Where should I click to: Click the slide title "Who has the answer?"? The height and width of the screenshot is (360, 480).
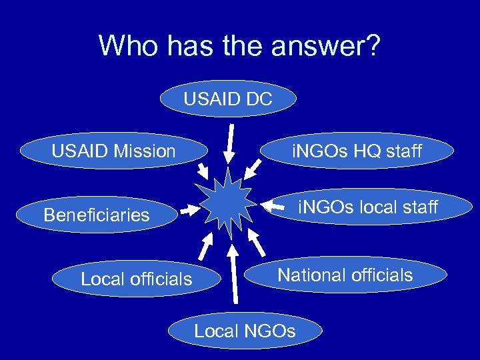tap(239, 46)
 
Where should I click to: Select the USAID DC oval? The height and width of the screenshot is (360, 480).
tap(228, 99)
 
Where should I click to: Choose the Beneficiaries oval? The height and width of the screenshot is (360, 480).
tap(97, 215)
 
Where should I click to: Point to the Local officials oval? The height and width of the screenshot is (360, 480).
tap(136, 279)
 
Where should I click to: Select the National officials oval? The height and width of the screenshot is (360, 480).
tap(345, 275)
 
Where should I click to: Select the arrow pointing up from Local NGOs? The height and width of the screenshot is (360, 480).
tap(234, 273)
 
